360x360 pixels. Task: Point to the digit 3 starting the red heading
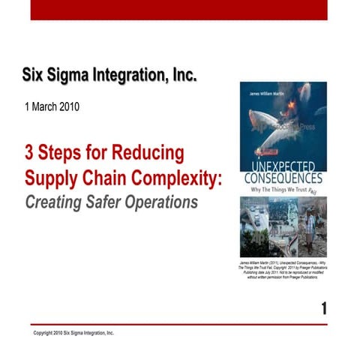(30, 153)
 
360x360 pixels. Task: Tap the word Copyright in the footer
(46, 332)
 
